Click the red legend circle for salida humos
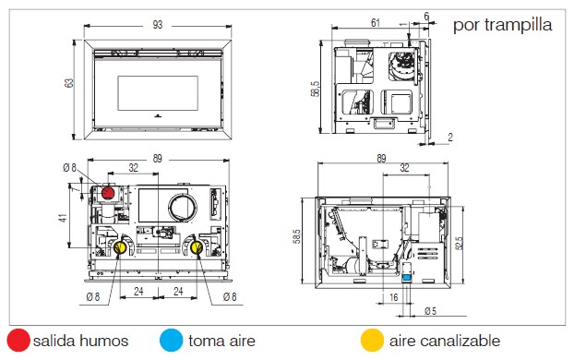18,341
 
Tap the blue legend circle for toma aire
172,341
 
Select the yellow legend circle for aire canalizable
372,341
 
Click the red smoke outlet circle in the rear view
108,193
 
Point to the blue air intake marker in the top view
407,278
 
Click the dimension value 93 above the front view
158,25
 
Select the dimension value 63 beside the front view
69,83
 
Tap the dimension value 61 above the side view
376,23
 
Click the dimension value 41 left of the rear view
63,218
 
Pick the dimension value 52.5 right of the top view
459,243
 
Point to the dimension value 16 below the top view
393,297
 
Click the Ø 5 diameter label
431,311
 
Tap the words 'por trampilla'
503,25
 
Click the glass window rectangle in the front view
158,93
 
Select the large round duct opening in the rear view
183,208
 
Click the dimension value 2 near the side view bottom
450,138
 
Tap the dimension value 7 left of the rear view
76,189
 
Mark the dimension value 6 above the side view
426,17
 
